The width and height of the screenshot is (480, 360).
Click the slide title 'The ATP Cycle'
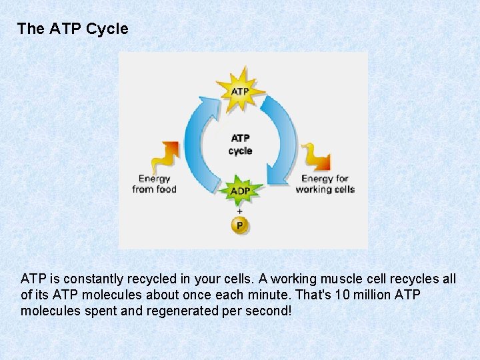pos(73,29)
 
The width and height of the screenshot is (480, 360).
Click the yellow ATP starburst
pos(240,90)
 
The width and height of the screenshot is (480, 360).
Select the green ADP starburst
pos(240,191)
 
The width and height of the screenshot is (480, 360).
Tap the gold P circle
pos(240,225)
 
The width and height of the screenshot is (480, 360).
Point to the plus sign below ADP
pos(240,211)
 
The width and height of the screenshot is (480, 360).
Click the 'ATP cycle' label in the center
pos(240,145)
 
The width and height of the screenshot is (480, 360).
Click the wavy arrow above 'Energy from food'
pos(163,157)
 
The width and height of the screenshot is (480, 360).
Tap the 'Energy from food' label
pos(154,184)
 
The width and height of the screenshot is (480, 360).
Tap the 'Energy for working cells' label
pos(325,184)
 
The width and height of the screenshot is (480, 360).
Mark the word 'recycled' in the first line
pos(141,279)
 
